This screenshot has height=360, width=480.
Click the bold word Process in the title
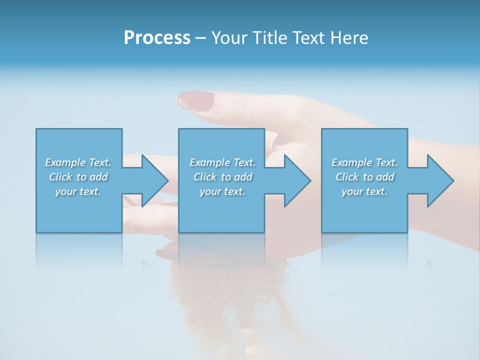point(157,38)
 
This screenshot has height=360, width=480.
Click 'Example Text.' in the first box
point(78,162)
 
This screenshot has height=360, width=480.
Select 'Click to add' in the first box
point(78,177)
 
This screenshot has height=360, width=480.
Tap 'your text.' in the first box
point(78,191)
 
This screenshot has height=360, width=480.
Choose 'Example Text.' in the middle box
point(222,162)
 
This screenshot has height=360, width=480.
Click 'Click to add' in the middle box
point(222,177)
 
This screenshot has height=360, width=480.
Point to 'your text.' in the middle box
point(222,191)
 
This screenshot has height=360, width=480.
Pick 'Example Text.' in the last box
point(364,162)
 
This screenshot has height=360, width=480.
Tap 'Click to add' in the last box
point(364,177)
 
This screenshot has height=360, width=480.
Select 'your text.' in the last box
point(364,191)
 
